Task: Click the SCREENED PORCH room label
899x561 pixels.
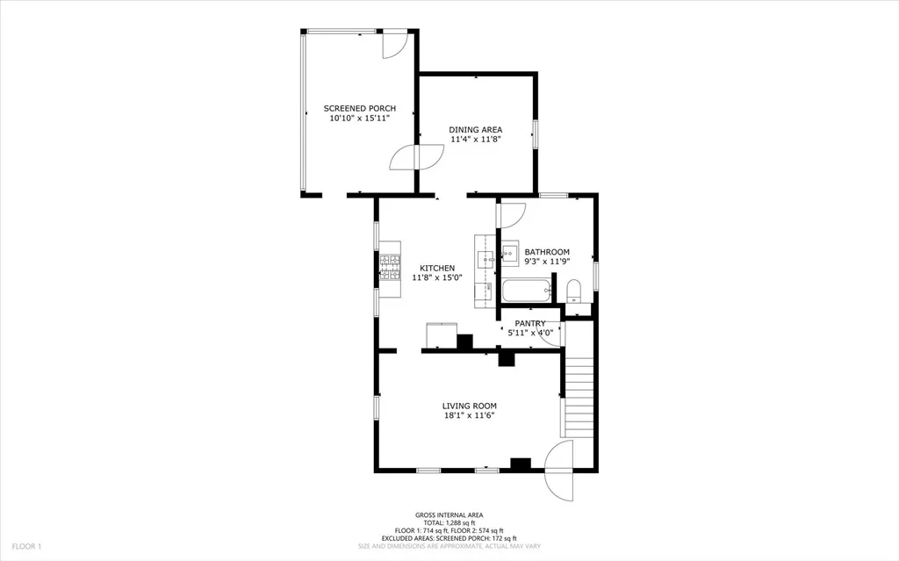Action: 359,108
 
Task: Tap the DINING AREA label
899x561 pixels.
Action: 475,130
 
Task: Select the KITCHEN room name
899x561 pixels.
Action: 437,268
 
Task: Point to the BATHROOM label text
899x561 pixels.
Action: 547,252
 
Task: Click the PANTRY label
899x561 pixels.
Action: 529,324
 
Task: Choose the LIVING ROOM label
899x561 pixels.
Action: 469,406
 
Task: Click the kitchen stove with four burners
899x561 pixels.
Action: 390,268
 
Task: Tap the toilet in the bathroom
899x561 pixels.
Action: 572,291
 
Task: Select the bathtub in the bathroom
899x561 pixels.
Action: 527,291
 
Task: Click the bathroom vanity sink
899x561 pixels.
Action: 510,252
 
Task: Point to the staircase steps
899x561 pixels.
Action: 579,397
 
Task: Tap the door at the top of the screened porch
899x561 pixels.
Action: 395,44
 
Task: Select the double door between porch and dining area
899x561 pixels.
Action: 417,156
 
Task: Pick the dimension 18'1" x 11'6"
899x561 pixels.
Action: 469,415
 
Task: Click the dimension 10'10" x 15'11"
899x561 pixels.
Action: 359,119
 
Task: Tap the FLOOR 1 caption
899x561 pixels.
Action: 27,547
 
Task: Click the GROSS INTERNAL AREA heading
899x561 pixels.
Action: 449,515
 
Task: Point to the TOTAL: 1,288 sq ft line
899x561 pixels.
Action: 449,523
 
